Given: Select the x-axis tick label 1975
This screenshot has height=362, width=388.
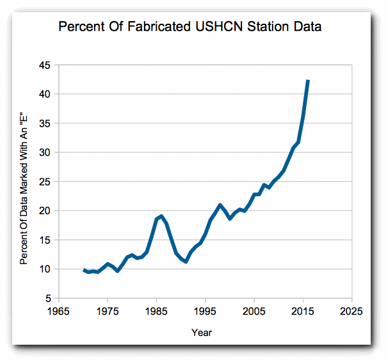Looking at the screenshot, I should [108, 311].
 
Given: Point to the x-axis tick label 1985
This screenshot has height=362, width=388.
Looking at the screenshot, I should [156, 311].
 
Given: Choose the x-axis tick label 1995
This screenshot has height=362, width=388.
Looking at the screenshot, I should [206, 311].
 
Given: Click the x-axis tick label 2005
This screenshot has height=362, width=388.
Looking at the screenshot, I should [254, 311].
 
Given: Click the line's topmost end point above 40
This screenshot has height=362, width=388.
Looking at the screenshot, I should [308, 81].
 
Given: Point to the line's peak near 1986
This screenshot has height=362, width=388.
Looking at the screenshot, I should [161, 217].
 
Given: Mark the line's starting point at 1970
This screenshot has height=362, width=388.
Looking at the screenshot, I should [83, 270].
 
